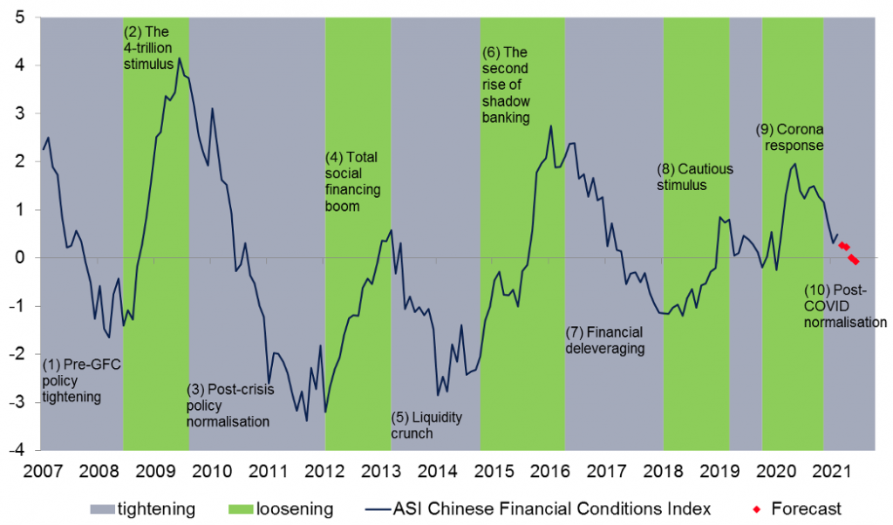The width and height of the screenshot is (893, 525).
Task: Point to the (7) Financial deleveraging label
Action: click(x=604, y=340)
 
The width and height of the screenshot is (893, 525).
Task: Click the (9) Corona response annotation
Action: click(x=789, y=138)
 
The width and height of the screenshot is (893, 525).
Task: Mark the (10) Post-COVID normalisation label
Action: click(x=845, y=306)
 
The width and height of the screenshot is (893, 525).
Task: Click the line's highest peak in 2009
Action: click(x=180, y=58)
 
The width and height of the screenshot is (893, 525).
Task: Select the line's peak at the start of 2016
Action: click(x=551, y=126)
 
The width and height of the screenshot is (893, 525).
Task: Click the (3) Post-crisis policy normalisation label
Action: click(x=228, y=406)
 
